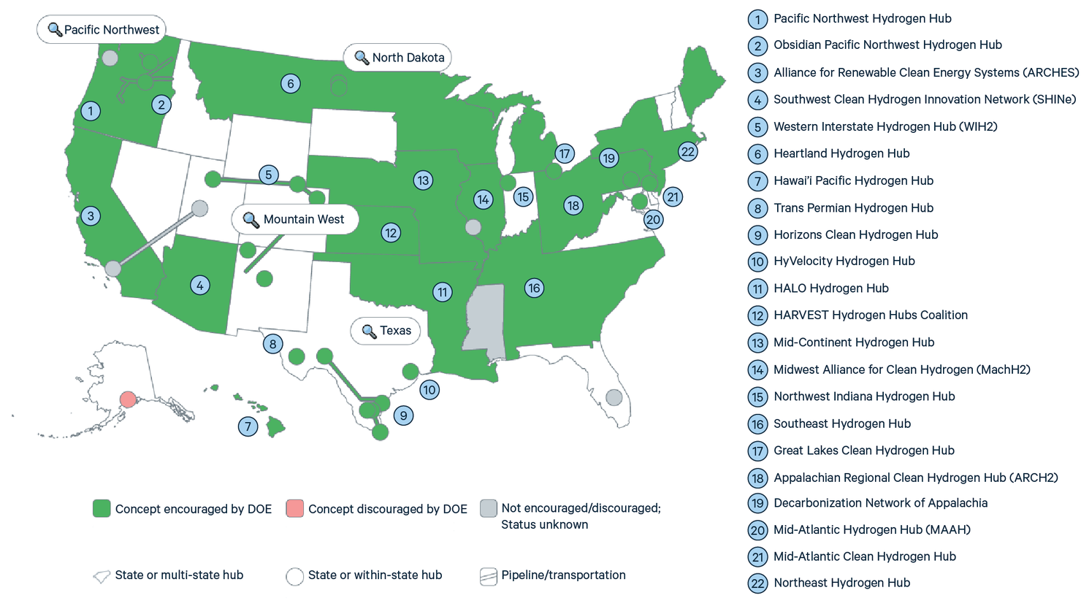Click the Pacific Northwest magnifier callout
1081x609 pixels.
[x=102, y=30]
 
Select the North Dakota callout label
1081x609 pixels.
[x=398, y=58]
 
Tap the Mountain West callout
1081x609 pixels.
[x=295, y=219]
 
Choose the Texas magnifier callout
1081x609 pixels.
[x=386, y=331]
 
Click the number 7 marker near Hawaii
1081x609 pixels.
[x=248, y=426]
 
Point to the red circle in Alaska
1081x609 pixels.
[x=128, y=399]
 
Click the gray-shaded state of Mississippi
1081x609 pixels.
[x=484, y=318]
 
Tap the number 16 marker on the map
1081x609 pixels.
[x=534, y=288]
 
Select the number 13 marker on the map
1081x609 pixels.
[x=423, y=180]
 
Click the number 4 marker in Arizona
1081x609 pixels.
[x=200, y=285]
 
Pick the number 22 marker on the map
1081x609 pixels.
[x=688, y=152]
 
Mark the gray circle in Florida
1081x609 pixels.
[x=614, y=397]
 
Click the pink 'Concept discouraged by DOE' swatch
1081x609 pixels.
[x=294, y=509]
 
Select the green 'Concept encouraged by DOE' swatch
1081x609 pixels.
[x=102, y=509]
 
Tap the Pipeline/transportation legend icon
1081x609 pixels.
[x=489, y=576]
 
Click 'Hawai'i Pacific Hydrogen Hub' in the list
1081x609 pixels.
[x=853, y=180]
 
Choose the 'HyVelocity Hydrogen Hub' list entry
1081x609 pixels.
[x=844, y=261]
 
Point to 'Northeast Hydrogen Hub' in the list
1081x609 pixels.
[x=841, y=583]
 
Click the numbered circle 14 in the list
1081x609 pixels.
[x=757, y=370]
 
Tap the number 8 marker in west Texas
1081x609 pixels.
[x=273, y=344]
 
